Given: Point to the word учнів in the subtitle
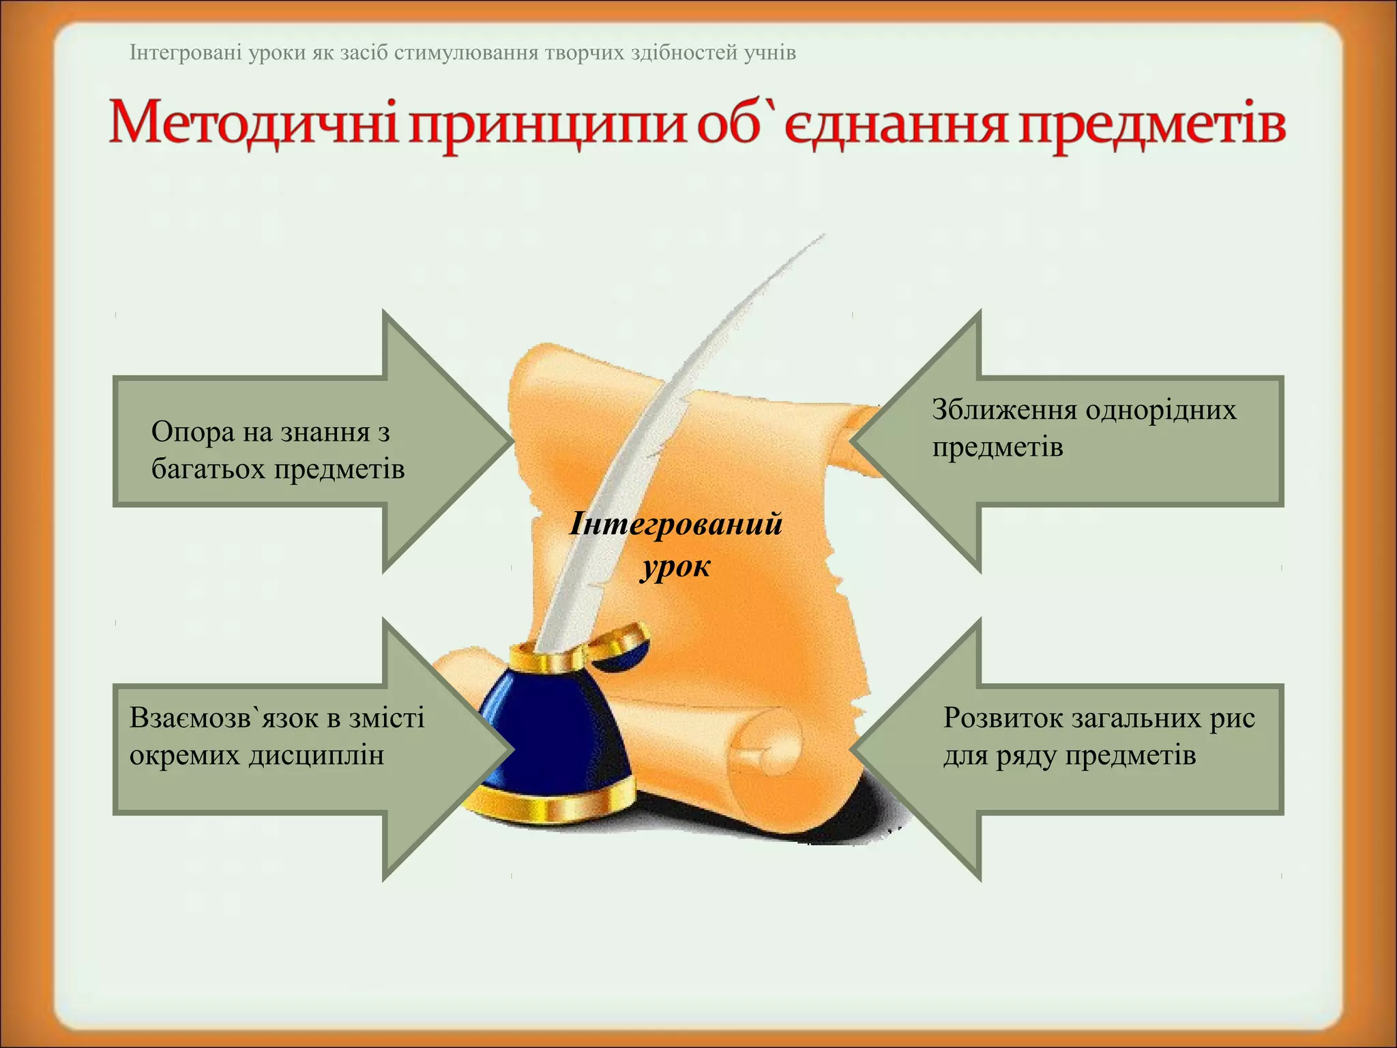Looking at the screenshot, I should point(769,53).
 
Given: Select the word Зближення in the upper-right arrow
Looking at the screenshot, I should point(1003,410).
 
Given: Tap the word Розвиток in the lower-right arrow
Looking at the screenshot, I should point(1002,718).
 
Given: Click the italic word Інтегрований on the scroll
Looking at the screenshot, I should point(675,525).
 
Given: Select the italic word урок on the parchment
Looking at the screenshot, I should point(675,566).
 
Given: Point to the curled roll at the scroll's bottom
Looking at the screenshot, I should point(764,744).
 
